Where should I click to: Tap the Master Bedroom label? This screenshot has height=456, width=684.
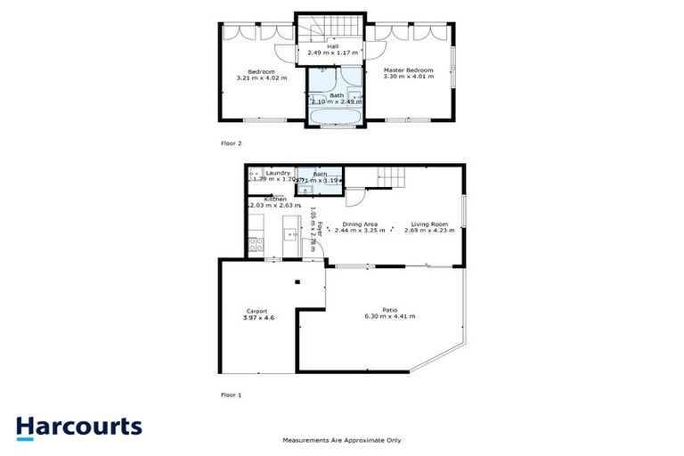(408, 70)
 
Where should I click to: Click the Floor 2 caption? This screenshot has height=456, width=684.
(231, 142)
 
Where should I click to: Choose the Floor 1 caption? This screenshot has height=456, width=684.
(231, 393)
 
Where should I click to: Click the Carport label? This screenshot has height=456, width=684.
(256, 310)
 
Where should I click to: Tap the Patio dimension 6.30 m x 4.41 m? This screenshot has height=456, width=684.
(389, 316)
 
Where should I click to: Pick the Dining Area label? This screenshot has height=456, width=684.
(360, 224)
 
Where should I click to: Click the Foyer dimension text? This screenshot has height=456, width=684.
(313, 230)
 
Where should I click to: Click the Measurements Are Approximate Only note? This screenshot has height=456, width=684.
(342, 440)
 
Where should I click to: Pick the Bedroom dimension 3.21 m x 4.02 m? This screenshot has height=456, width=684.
(262, 77)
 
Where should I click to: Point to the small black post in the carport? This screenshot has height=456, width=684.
(298, 282)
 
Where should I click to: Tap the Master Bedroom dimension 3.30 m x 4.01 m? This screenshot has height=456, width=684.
(408, 77)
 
